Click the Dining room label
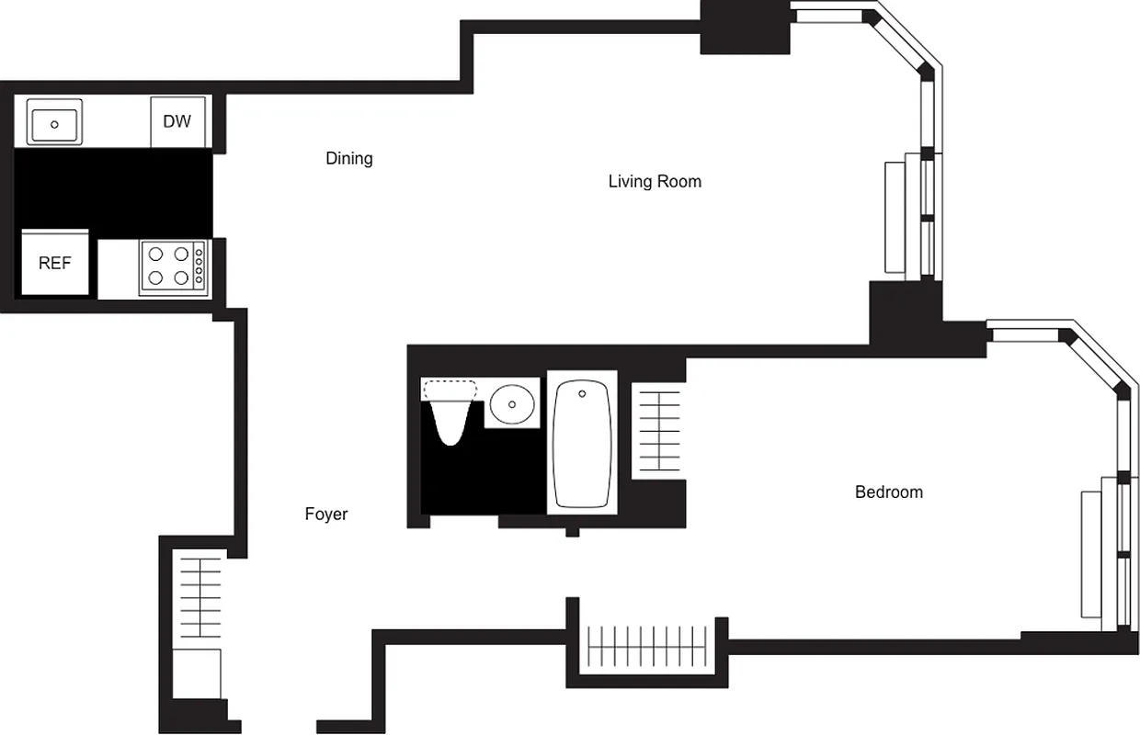point(349,159)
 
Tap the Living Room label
point(655,182)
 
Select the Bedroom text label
point(888,492)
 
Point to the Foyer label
point(326,514)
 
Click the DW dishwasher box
point(177,121)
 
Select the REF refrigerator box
point(55,263)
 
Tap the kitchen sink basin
point(54,121)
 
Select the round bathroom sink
point(512,402)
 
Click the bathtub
point(582,444)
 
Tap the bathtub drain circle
point(582,394)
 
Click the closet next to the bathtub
point(658,431)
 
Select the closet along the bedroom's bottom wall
point(647,646)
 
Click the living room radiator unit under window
point(895,218)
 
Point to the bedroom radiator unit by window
point(1091,555)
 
